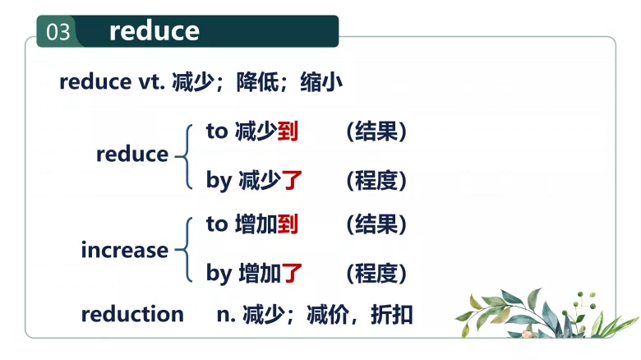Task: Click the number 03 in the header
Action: pyautogui.click(x=58, y=32)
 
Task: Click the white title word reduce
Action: pyautogui.click(x=154, y=31)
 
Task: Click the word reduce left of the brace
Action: pyautogui.click(x=131, y=155)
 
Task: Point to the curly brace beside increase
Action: pyautogui.click(x=182, y=248)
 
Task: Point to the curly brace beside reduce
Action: pyautogui.click(x=182, y=154)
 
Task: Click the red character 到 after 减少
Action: pyautogui.click(x=288, y=131)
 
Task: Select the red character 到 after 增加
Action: pyautogui.click(x=288, y=224)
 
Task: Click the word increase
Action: pyautogui.click(x=124, y=250)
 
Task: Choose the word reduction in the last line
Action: pyautogui.click(x=132, y=314)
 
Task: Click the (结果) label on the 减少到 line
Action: pyautogui.click(x=376, y=131)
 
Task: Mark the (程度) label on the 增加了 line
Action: pyautogui.click(x=376, y=273)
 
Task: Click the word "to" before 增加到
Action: pyautogui.click(x=216, y=224)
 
